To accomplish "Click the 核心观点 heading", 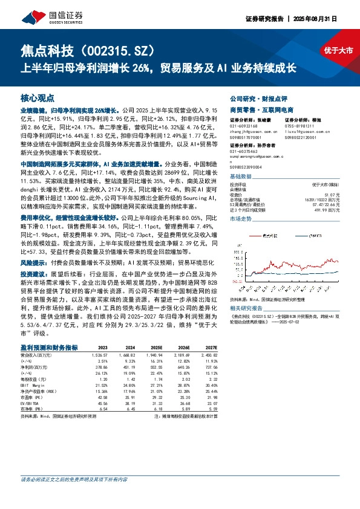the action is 38,97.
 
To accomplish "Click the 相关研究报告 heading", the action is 247,308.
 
